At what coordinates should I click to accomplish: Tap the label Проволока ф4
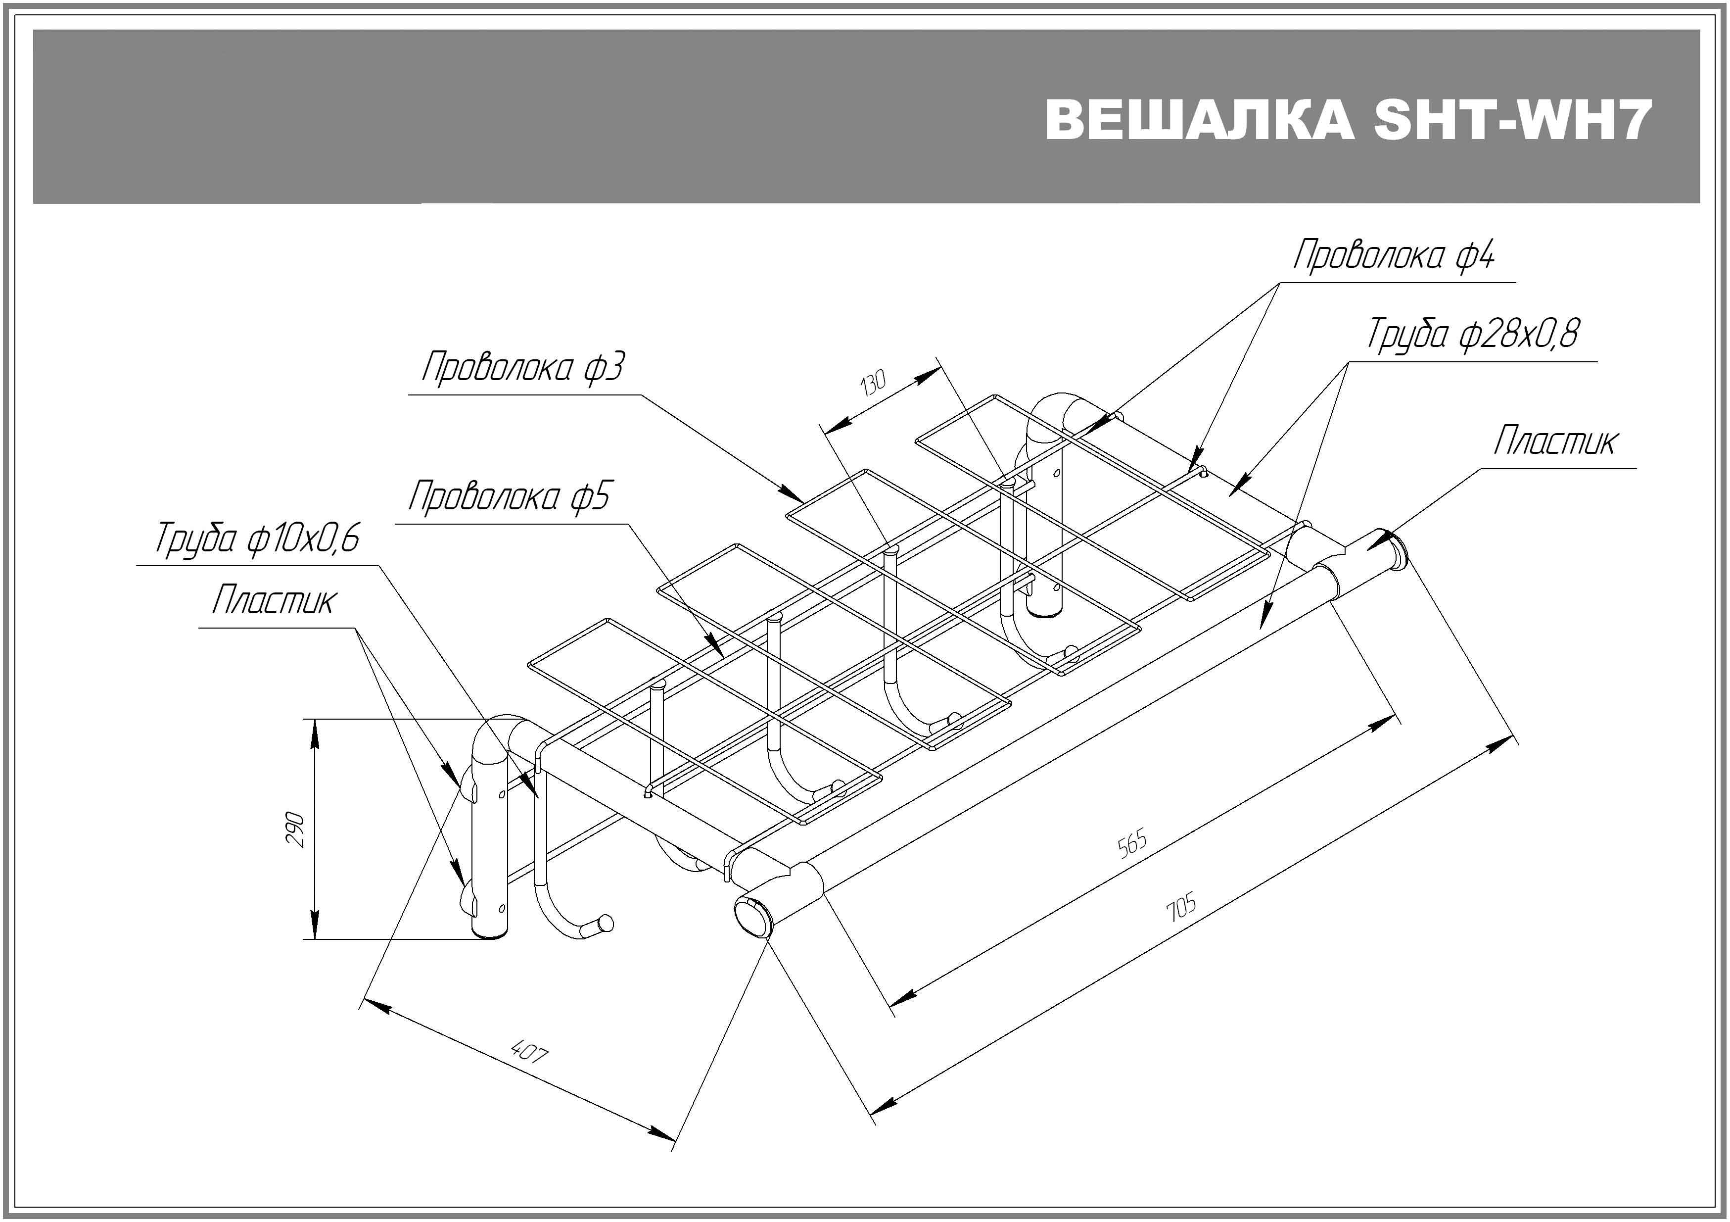(1393, 255)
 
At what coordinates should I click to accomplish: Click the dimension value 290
(295, 829)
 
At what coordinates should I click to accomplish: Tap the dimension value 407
(529, 1051)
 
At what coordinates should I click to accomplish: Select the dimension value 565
(1132, 843)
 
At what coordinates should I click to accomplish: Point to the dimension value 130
(873, 384)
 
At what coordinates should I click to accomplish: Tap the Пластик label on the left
(272, 601)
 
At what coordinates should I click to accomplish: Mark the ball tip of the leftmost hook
(605, 924)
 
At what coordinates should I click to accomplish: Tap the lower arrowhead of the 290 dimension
(314, 924)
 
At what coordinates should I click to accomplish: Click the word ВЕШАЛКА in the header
(1199, 120)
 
